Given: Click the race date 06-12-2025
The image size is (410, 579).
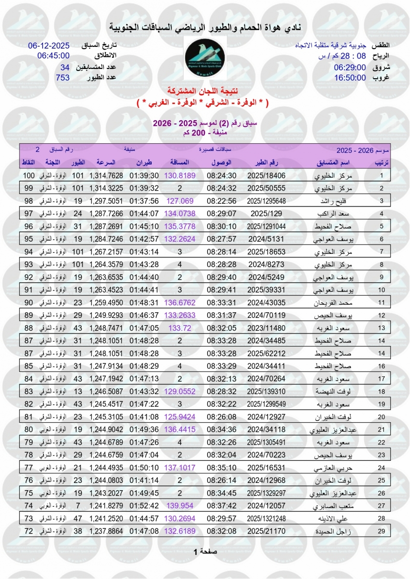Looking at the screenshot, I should [49, 46].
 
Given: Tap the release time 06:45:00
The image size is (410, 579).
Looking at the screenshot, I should [54, 55].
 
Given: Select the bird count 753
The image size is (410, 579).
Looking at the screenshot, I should [63, 78].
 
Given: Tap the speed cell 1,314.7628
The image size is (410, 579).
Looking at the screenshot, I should [106, 176].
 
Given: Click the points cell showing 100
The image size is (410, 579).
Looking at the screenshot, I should [29, 176].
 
